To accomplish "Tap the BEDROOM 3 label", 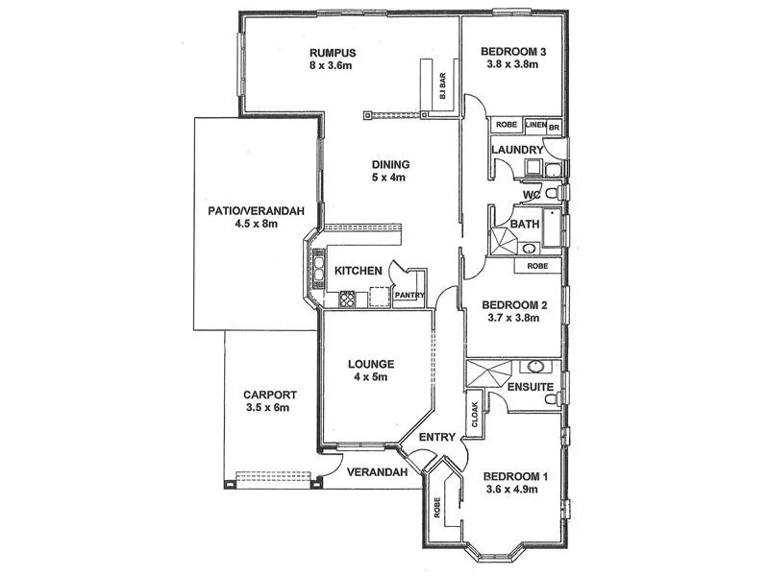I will [514, 52].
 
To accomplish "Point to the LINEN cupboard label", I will [535, 125].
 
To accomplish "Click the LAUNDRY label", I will [517, 151].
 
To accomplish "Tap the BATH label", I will [525, 225].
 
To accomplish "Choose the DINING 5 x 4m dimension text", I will [390, 178].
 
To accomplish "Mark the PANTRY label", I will [409, 295].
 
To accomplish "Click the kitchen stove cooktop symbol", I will [347, 299].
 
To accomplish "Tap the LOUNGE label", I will [370, 364].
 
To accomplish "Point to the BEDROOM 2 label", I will [514, 305].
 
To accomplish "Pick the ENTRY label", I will [438, 438].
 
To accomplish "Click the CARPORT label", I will [269, 395].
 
